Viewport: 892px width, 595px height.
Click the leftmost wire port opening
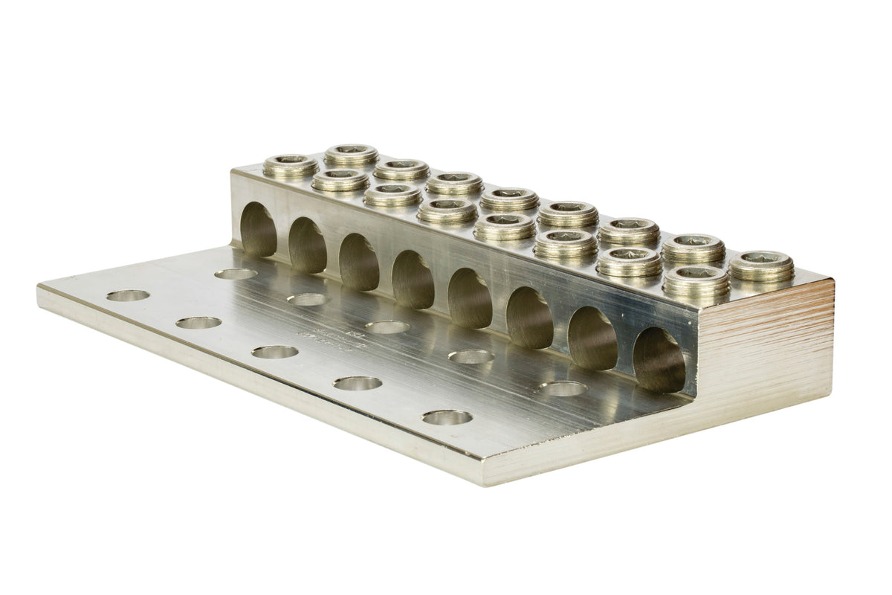tap(259, 229)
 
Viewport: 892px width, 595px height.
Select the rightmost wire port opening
tap(659, 360)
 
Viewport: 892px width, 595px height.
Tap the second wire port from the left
tap(308, 245)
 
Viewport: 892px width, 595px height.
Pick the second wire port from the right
tap(592, 338)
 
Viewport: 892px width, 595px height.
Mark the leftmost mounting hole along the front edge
tap(128, 295)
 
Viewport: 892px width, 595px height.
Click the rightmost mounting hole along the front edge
tap(447, 417)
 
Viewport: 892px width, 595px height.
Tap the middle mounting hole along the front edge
tap(274, 352)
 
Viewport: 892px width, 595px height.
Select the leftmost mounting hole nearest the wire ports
tap(236, 274)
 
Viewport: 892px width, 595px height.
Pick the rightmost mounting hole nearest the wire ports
tap(563, 388)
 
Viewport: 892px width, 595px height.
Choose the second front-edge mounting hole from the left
tap(198, 323)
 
